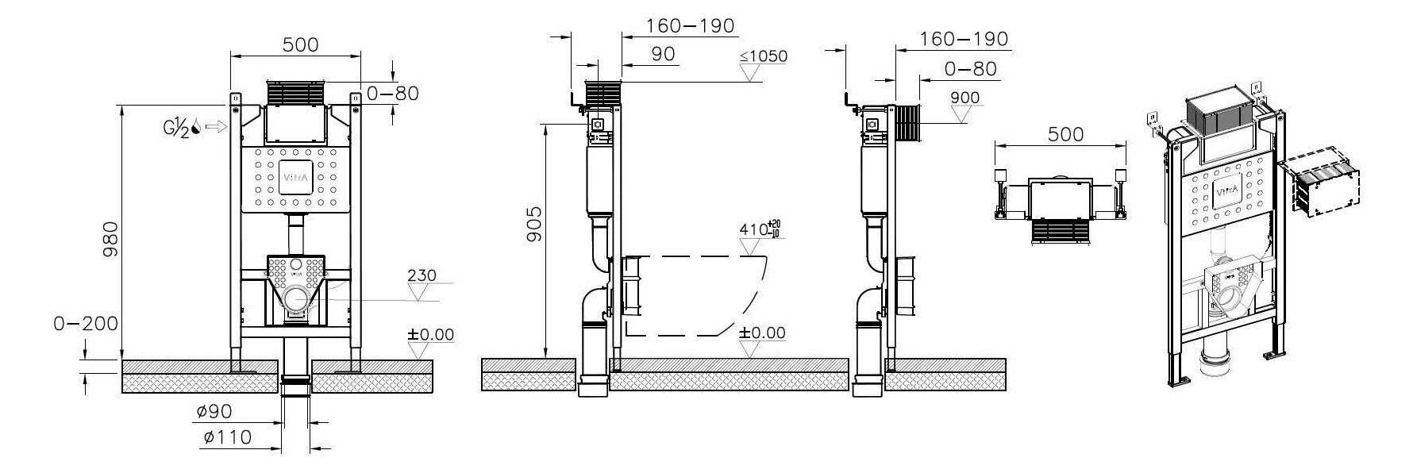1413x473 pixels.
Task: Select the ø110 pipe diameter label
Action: click(227, 436)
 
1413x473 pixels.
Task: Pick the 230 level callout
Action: click(422, 276)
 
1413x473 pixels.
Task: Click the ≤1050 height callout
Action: click(763, 56)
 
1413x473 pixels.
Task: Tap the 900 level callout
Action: click(964, 98)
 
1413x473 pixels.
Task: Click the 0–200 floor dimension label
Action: click(86, 324)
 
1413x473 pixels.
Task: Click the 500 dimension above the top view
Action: click(1065, 134)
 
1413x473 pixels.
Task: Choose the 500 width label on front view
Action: click(301, 44)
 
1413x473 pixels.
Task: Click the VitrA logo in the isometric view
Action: click(1226, 191)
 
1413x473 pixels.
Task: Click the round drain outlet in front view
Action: click(297, 299)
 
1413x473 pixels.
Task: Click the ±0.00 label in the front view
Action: click(431, 334)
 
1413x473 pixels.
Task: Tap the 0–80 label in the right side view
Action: click(970, 69)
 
